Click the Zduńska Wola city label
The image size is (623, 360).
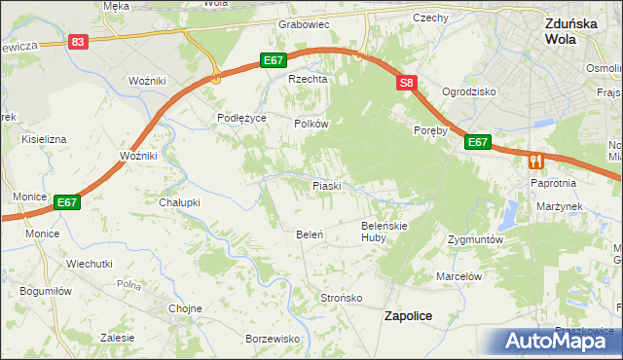572,32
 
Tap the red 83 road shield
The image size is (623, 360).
79,42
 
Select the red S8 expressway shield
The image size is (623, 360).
406,84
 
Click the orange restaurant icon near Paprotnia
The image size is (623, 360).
535,162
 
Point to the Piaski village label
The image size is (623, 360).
325,185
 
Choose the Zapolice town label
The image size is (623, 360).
409,316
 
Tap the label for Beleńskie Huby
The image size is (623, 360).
384,231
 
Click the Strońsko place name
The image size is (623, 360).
342,298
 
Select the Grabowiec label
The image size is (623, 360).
305,24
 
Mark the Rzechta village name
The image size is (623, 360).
305,80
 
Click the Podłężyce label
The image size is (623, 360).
241,118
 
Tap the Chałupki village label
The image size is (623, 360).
179,202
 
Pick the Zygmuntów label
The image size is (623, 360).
474,238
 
